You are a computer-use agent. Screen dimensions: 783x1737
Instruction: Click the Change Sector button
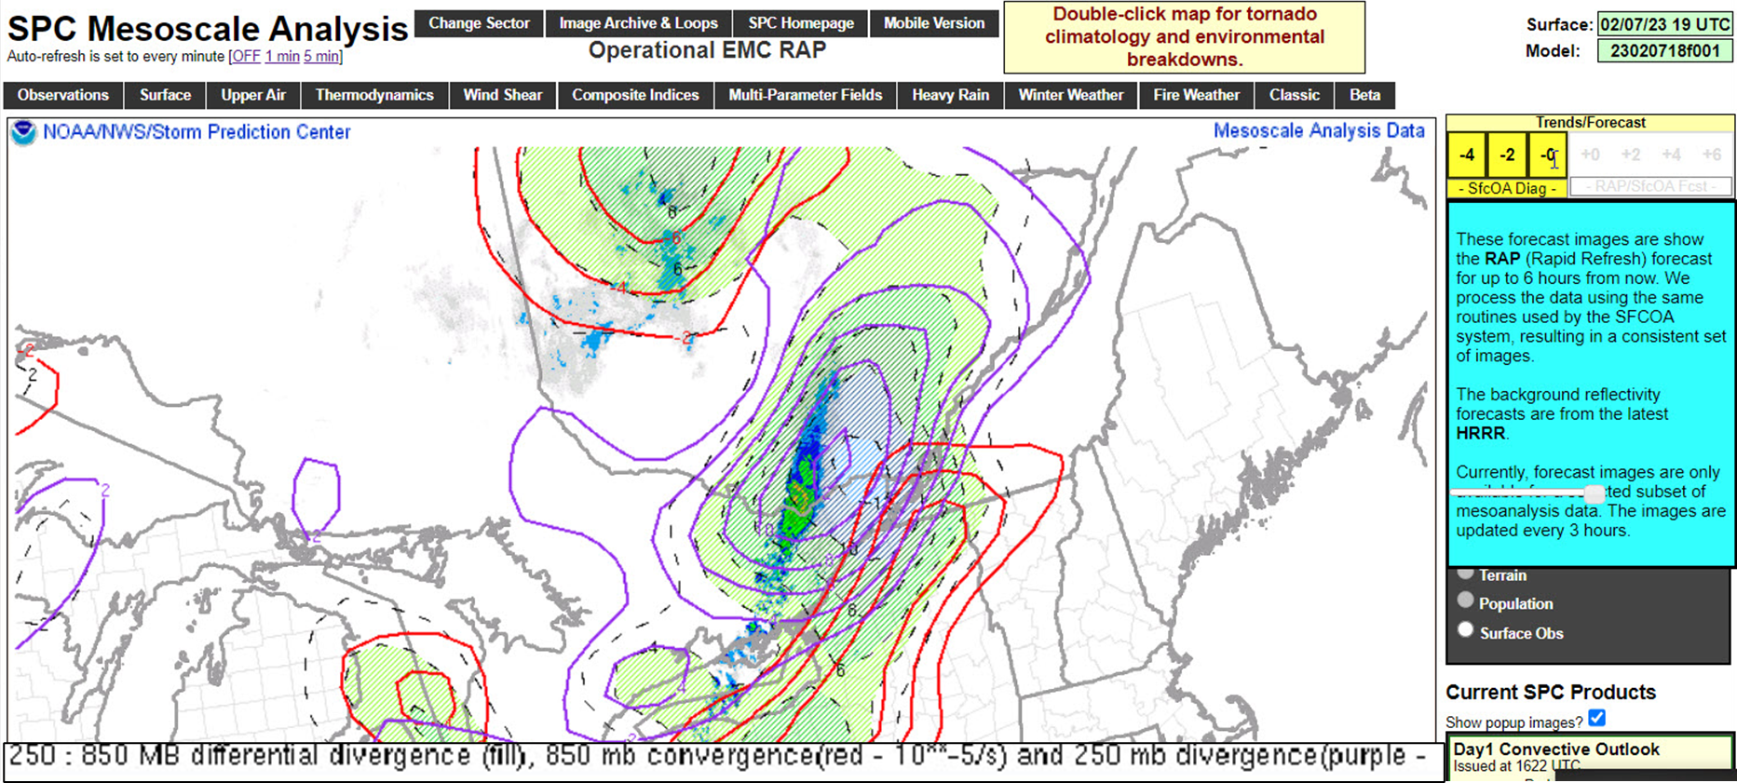[x=479, y=23]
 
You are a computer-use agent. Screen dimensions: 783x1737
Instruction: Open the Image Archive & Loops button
[x=638, y=23]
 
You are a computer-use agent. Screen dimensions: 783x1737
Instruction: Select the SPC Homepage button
[x=801, y=23]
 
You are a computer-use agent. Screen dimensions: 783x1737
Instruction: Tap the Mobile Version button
[x=933, y=23]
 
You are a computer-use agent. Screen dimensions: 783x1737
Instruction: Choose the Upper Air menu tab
[x=253, y=95]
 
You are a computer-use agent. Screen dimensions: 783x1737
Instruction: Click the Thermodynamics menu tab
[x=374, y=95]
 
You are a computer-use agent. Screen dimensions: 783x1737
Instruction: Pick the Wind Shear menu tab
[x=503, y=95]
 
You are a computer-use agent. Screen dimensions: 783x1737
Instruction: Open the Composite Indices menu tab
[x=635, y=95]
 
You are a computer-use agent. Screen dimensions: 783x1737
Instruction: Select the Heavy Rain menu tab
[x=950, y=95]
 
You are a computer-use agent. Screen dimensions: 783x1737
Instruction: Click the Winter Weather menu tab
[x=1070, y=95]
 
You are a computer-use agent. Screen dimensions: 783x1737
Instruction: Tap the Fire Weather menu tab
[x=1196, y=95]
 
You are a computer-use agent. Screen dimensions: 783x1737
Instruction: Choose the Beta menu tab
[x=1364, y=95]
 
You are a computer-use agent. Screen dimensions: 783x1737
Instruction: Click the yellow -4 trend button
[x=1467, y=155]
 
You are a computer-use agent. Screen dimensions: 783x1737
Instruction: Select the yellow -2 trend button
[x=1507, y=155]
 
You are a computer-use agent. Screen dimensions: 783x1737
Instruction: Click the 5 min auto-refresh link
[x=321, y=57]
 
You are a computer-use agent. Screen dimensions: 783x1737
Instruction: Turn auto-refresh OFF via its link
[x=246, y=57]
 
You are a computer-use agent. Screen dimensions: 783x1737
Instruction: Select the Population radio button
[x=1466, y=601]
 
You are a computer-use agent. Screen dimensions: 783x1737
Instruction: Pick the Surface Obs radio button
[x=1466, y=630]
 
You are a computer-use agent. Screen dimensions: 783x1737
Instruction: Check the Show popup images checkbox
[x=1597, y=718]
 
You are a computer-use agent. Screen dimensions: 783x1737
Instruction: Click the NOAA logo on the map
[x=23, y=132]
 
